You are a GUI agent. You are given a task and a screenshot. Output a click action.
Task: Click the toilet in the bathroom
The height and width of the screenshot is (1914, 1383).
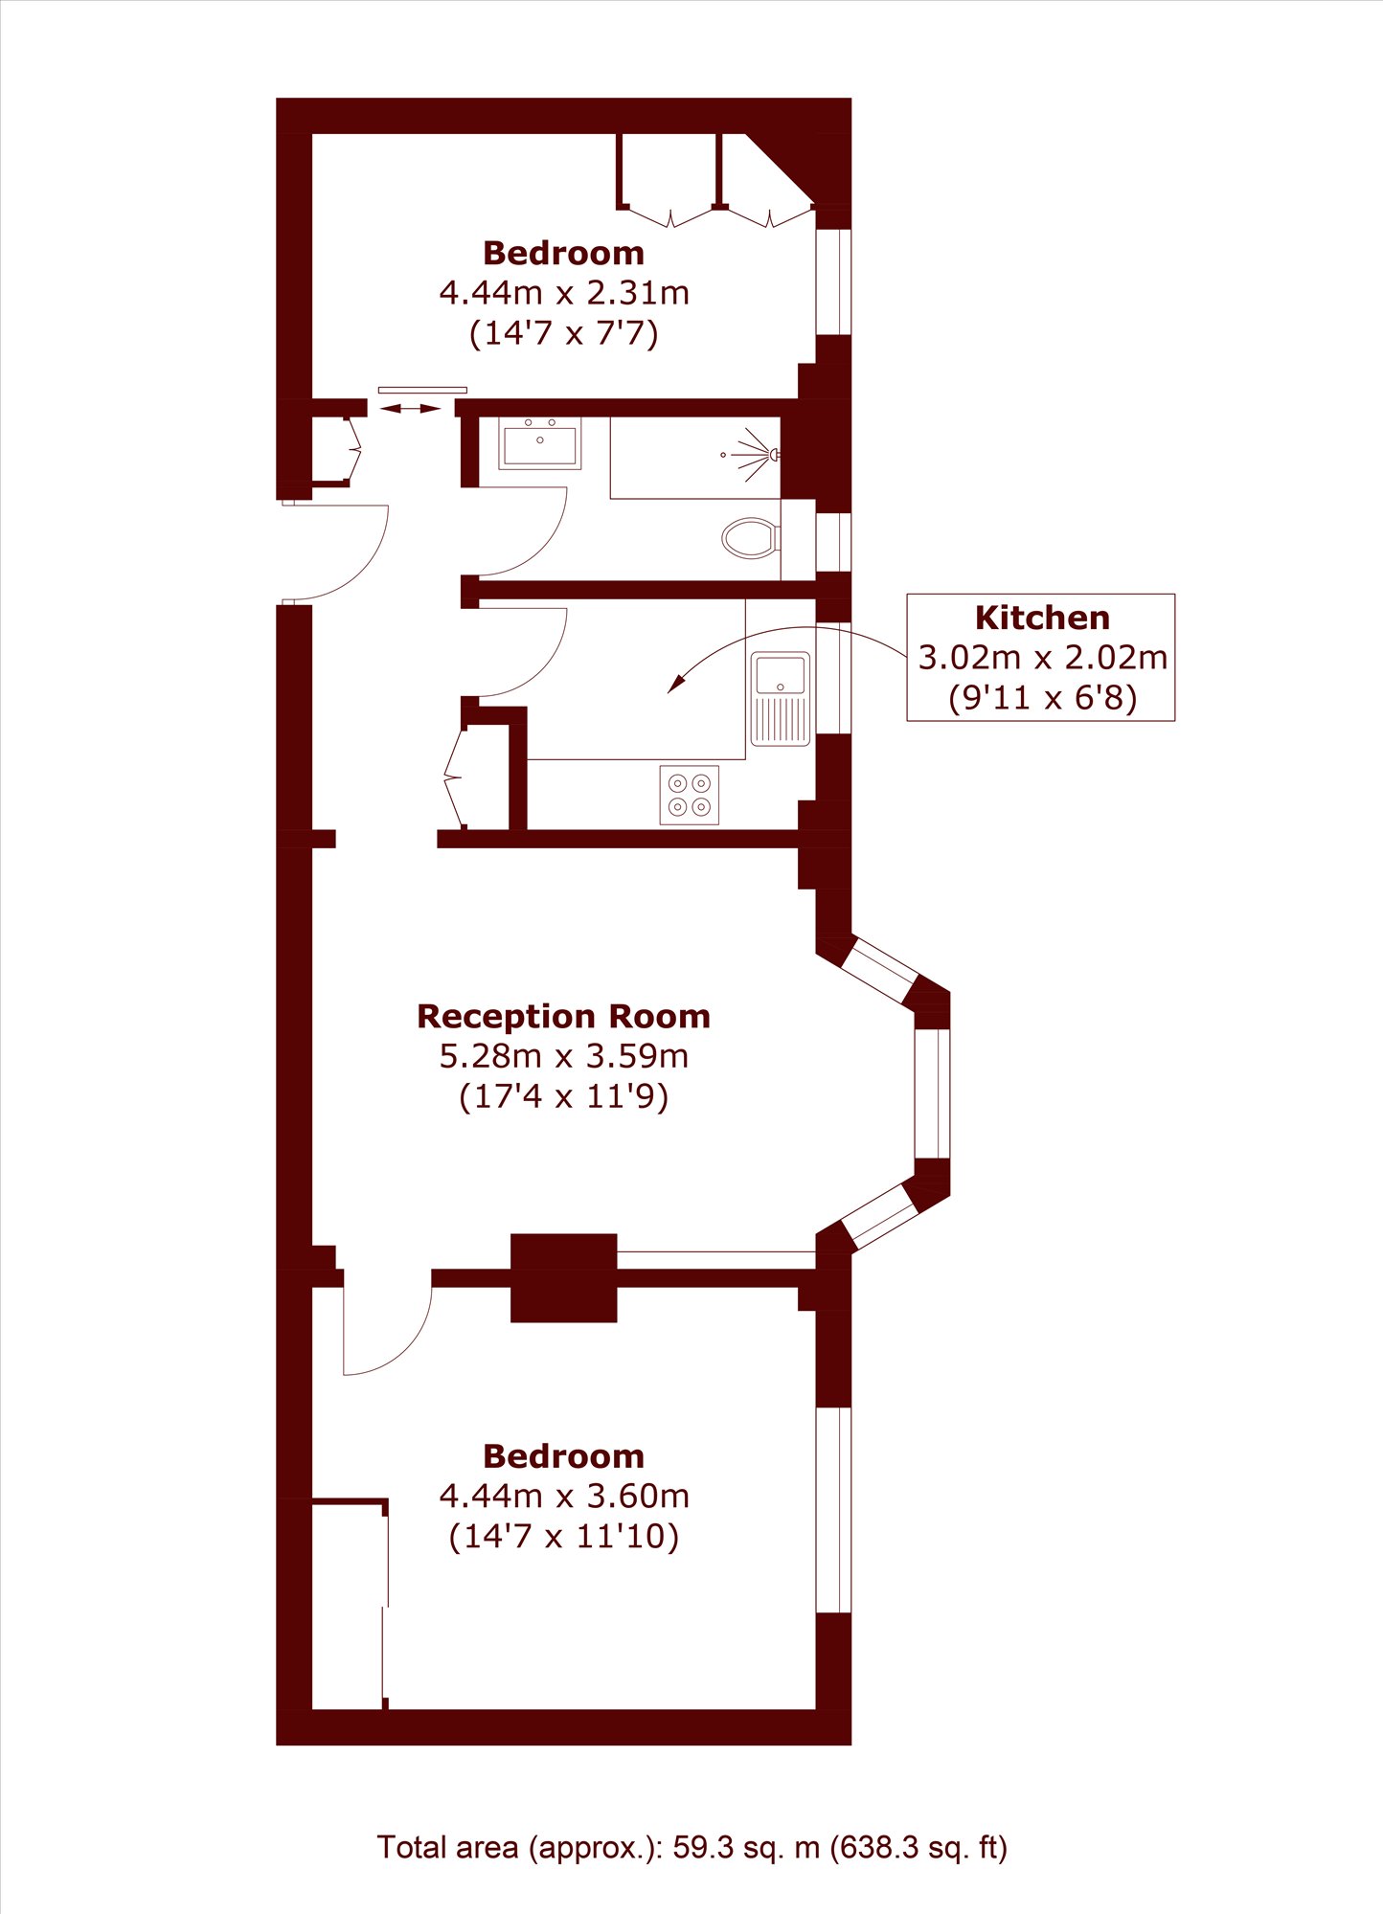click(750, 538)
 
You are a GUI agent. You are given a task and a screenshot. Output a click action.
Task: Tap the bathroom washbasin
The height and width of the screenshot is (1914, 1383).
click(540, 444)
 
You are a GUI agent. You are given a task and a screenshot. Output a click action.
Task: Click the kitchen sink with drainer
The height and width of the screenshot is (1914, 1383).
click(781, 699)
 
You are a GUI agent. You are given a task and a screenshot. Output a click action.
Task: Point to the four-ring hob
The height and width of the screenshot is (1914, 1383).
click(690, 795)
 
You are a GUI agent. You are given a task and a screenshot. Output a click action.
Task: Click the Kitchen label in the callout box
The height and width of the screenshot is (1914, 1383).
click(1042, 618)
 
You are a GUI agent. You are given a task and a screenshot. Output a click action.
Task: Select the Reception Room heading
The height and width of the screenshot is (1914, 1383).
click(563, 1016)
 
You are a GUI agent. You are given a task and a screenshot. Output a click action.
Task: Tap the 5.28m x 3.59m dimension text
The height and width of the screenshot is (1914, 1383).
click(563, 1056)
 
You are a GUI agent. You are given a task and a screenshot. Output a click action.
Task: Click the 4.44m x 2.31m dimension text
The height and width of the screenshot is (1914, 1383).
click(564, 292)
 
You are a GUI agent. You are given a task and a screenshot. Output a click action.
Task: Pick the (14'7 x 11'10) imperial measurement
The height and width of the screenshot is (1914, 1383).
click(564, 1536)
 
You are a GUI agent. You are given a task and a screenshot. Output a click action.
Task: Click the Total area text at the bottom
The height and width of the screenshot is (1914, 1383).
click(691, 1847)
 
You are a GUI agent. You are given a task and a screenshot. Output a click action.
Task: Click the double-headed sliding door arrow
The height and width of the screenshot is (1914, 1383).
click(411, 409)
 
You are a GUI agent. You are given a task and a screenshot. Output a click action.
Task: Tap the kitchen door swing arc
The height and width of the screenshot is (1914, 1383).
click(542, 671)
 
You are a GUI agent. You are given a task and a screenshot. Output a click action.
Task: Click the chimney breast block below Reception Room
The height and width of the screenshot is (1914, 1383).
click(563, 1278)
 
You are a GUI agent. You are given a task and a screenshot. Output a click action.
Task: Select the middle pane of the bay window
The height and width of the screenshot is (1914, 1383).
click(932, 1093)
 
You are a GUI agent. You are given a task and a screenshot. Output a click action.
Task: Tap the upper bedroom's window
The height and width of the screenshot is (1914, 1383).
click(833, 281)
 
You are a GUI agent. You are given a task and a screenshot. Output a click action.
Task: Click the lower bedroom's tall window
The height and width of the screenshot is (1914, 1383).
click(833, 1510)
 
